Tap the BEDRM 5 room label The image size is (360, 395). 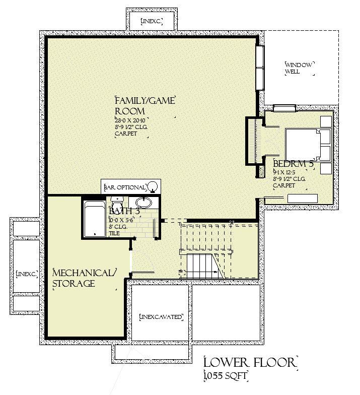294,164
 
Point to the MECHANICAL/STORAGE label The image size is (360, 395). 85,278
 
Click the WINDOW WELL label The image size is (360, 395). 299,68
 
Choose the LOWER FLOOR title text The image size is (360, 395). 250,362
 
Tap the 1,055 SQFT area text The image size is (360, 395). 226,376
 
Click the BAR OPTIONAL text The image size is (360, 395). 124,187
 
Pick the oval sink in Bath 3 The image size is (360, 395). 144,203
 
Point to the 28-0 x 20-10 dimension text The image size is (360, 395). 130,120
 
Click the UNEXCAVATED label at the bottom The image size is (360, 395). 160,317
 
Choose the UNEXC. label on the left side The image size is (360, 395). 27,274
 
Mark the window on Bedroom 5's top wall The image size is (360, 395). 284,108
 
